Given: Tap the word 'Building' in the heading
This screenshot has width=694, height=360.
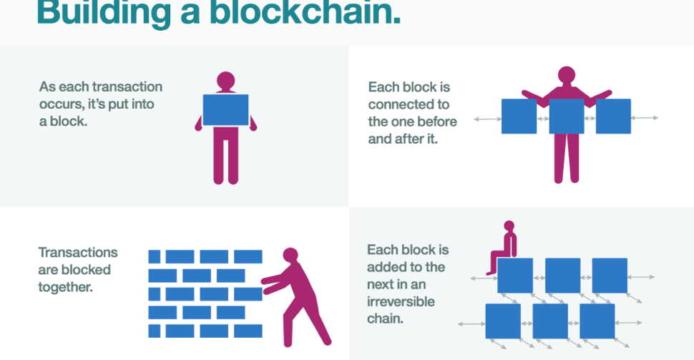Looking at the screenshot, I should point(100,13).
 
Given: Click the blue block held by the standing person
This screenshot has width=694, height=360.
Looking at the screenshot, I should point(225,110).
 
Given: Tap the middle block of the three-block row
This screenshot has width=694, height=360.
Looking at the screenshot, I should point(566,116).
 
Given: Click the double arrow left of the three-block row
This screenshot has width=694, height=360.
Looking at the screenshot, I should point(487,117).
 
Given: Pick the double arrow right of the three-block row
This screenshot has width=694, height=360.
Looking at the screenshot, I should point(645,117).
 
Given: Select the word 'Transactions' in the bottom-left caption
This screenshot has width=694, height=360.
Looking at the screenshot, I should point(78,253).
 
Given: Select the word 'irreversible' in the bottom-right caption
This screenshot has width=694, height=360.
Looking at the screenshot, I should point(401,301).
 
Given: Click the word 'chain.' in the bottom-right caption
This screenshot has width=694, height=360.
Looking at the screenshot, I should point(386,318).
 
